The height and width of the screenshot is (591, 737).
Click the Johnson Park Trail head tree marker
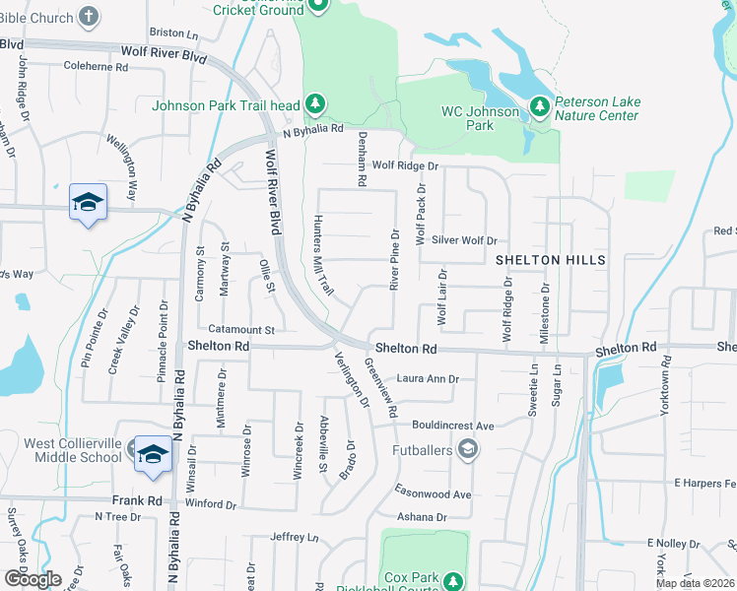[x=314, y=104]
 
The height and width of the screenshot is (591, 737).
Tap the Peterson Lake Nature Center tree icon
[x=539, y=105]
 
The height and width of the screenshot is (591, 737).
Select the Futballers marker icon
[x=468, y=451]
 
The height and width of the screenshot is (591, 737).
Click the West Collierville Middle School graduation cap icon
[x=153, y=453]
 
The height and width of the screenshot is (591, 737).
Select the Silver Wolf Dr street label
[x=464, y=239]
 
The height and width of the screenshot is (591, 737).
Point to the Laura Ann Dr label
[x=428, y=378]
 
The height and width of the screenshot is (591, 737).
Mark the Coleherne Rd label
[x=96, y=68]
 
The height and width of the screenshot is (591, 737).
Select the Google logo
[x=33, y=579]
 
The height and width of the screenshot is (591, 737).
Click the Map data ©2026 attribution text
[x=696, y=583]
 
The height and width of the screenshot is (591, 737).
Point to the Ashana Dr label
[x=421, y=517]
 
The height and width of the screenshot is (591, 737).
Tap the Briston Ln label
[x=172, y=33]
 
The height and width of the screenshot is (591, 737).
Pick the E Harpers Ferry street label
[x=705, y=483]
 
